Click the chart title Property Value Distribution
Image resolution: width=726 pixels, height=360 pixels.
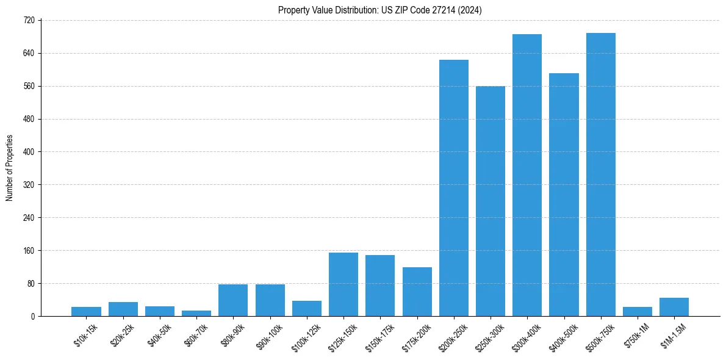click(x=379, y=10)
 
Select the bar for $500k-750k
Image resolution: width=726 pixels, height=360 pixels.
click(x=600, y=175)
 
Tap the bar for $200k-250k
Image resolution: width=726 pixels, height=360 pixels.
click(x=453, y=188)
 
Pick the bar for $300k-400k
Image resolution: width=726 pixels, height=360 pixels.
click(x=527, y=175)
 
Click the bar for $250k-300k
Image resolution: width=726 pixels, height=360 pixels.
click(x=491, y=201)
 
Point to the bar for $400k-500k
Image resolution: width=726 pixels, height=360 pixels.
click(x=564, y=195)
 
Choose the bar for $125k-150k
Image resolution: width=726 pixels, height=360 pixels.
click(x=343, y=284)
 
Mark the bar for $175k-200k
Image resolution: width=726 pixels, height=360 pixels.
click(x=417, y=292)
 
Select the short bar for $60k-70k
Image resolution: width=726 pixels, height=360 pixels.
click(x=196, y=313)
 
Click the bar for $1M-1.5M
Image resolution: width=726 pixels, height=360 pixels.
click(x=674, y=307)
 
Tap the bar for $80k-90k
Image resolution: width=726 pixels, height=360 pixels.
click(x=233, y=300)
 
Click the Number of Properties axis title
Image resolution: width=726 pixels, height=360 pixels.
click(x=10, y=168)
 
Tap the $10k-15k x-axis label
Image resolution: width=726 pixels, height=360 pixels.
click(x=85, y=335)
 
